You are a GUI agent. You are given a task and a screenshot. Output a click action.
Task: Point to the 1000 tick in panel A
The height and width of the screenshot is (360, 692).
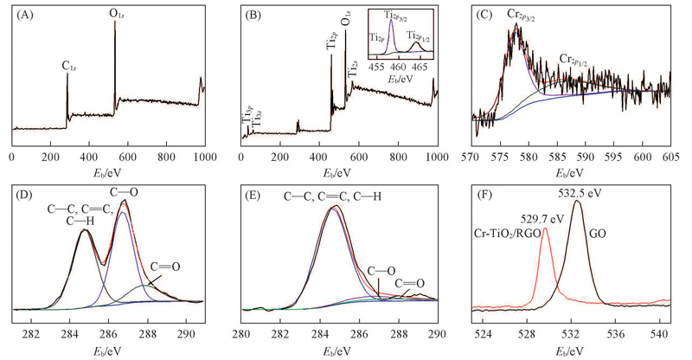coord(205,158)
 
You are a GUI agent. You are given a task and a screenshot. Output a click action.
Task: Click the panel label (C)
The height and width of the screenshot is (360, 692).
coord(484,13)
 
